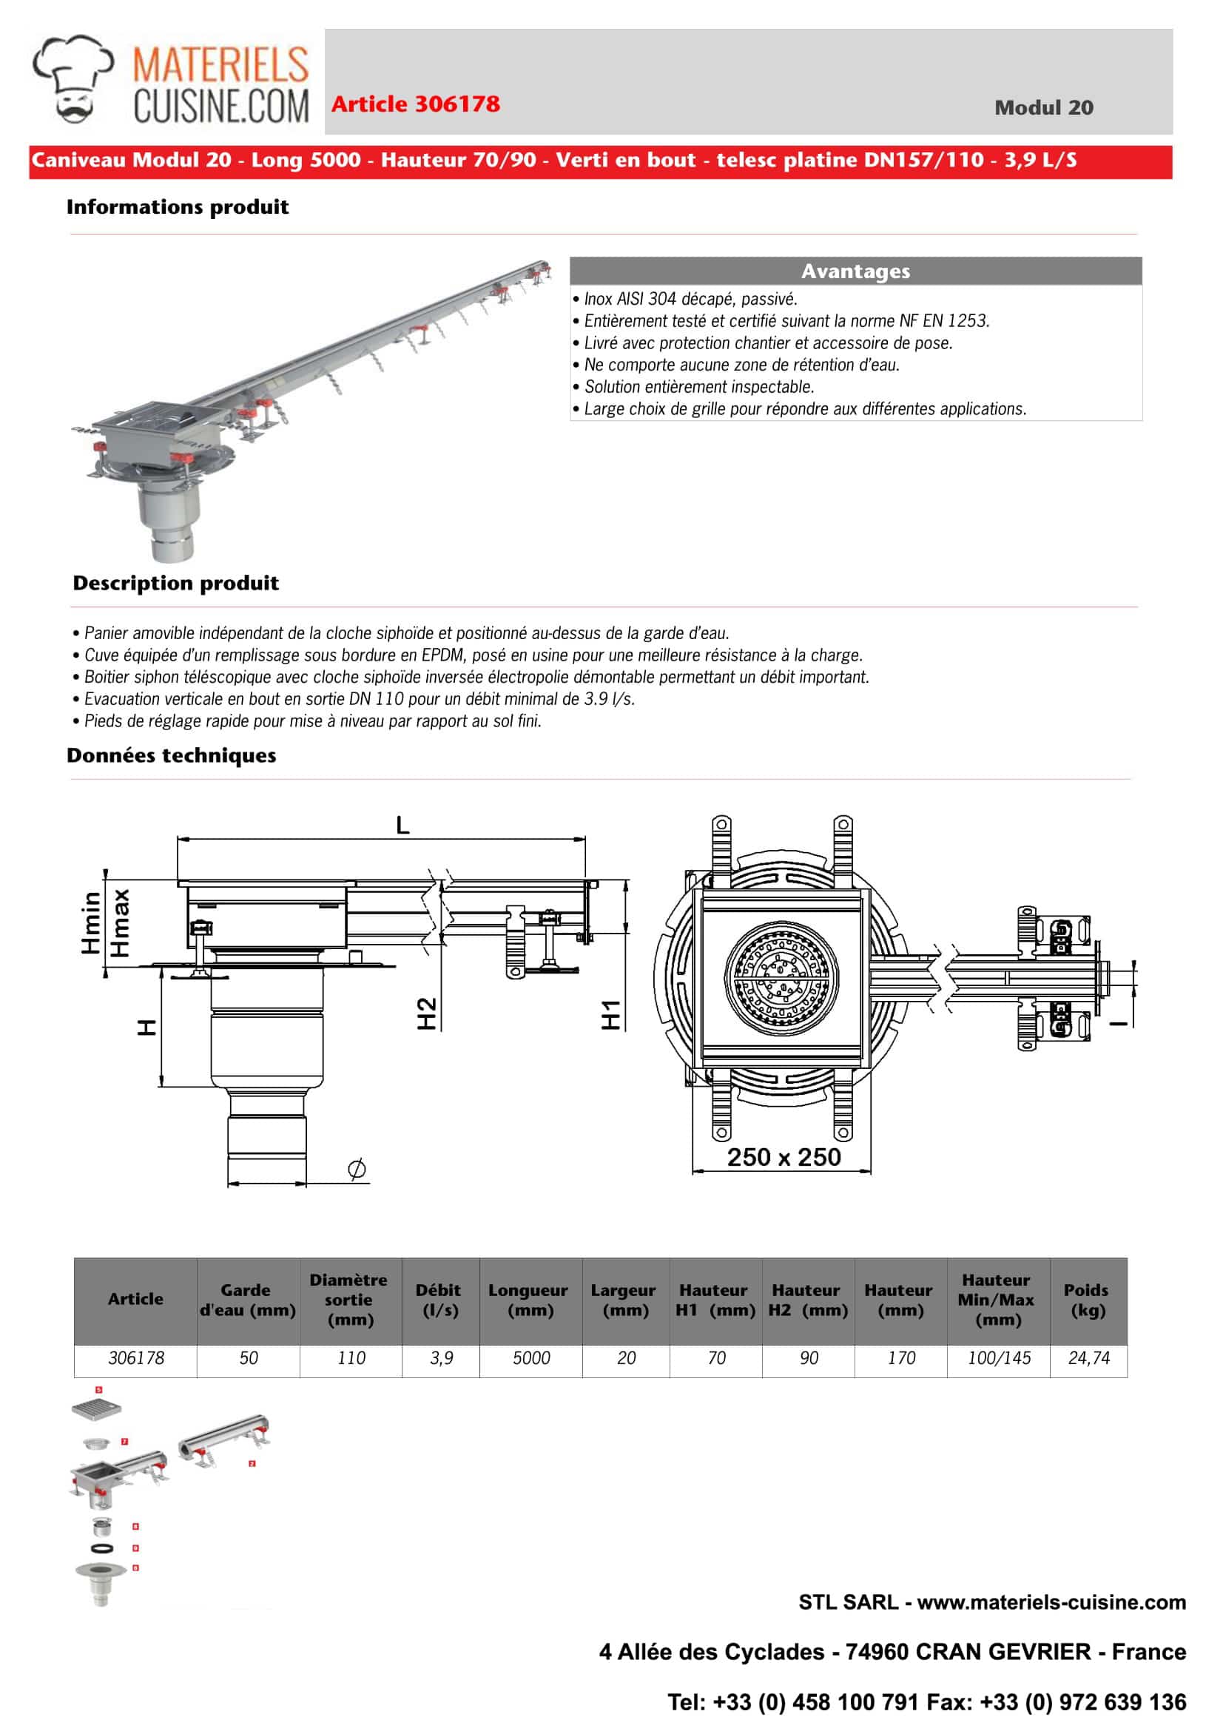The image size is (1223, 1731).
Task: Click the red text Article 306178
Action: [416, 104]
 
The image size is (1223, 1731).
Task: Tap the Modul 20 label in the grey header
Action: [1042, 108]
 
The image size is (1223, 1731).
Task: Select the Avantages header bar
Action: [855, 271]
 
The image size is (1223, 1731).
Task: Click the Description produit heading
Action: [175, 584]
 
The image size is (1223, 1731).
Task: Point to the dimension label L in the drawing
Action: [402, 826]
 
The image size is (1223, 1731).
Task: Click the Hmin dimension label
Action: [90, 922]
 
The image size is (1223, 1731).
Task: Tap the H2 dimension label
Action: [427, 1013]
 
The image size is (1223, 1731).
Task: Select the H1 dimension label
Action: [610, 1015]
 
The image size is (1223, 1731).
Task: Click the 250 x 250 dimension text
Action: [784, 1157]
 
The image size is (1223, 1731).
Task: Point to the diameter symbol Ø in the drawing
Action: [357, 1169]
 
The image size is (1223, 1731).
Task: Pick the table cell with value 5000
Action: [530, 1358]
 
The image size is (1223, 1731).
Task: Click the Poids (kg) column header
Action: [1088, 1300]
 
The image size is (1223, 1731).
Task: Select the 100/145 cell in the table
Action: [998, 1358]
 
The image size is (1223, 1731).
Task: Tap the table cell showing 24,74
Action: [1088, 1358]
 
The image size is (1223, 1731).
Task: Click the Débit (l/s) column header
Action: [439, 1300]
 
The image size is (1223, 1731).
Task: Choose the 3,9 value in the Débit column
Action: [441, 1358]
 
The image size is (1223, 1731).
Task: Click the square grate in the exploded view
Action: [95, 1409]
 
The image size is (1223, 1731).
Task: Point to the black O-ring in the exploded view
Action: [102, 1548]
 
